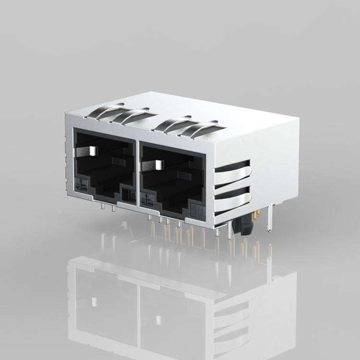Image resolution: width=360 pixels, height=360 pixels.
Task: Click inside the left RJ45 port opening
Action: pos(103,168)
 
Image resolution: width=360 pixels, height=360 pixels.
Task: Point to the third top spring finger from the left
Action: pos(173,122)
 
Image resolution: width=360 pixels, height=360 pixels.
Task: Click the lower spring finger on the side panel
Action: pos(233,200)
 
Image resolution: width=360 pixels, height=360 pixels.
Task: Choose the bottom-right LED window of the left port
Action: pos(127,194)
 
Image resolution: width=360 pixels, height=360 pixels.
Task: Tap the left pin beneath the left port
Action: pos(103,207)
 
